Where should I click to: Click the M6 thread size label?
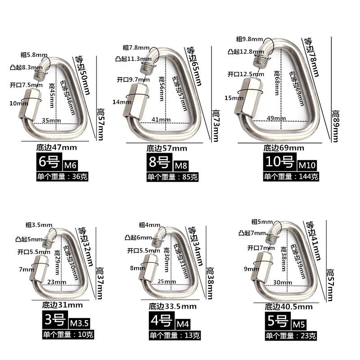tap(70, 165)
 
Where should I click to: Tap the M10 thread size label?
tap(307, 165)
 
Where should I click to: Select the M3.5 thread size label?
tap(79, 323)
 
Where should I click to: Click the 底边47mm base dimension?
tap(57, 148)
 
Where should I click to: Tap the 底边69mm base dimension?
tap(284, 148)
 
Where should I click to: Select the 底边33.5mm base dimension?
tap(172, 306)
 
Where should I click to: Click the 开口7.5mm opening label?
tap(26, 85)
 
